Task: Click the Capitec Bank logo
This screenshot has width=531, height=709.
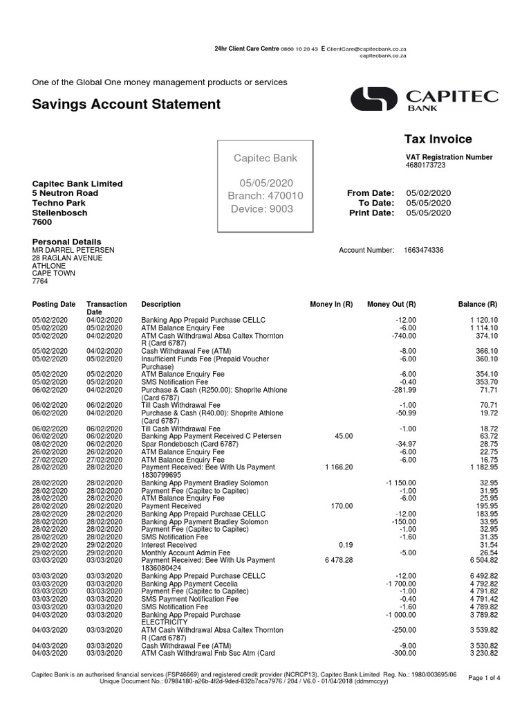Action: (424, 100)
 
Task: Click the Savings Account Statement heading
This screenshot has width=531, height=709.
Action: (127, 105)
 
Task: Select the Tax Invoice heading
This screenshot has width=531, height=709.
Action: (438, 139)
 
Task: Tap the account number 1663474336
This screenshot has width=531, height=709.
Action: (424, 250)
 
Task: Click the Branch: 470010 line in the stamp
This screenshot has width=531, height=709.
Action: (265, 196)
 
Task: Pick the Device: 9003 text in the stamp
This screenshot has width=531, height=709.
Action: (262, 209)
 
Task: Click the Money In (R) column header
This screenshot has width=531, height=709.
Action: (331, 304)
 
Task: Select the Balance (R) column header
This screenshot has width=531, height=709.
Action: (478, 304)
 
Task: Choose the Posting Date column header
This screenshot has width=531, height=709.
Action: (54, 304)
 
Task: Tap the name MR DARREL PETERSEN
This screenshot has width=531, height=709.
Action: (73, 250)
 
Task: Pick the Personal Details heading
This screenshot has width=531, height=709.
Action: (67, 242)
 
